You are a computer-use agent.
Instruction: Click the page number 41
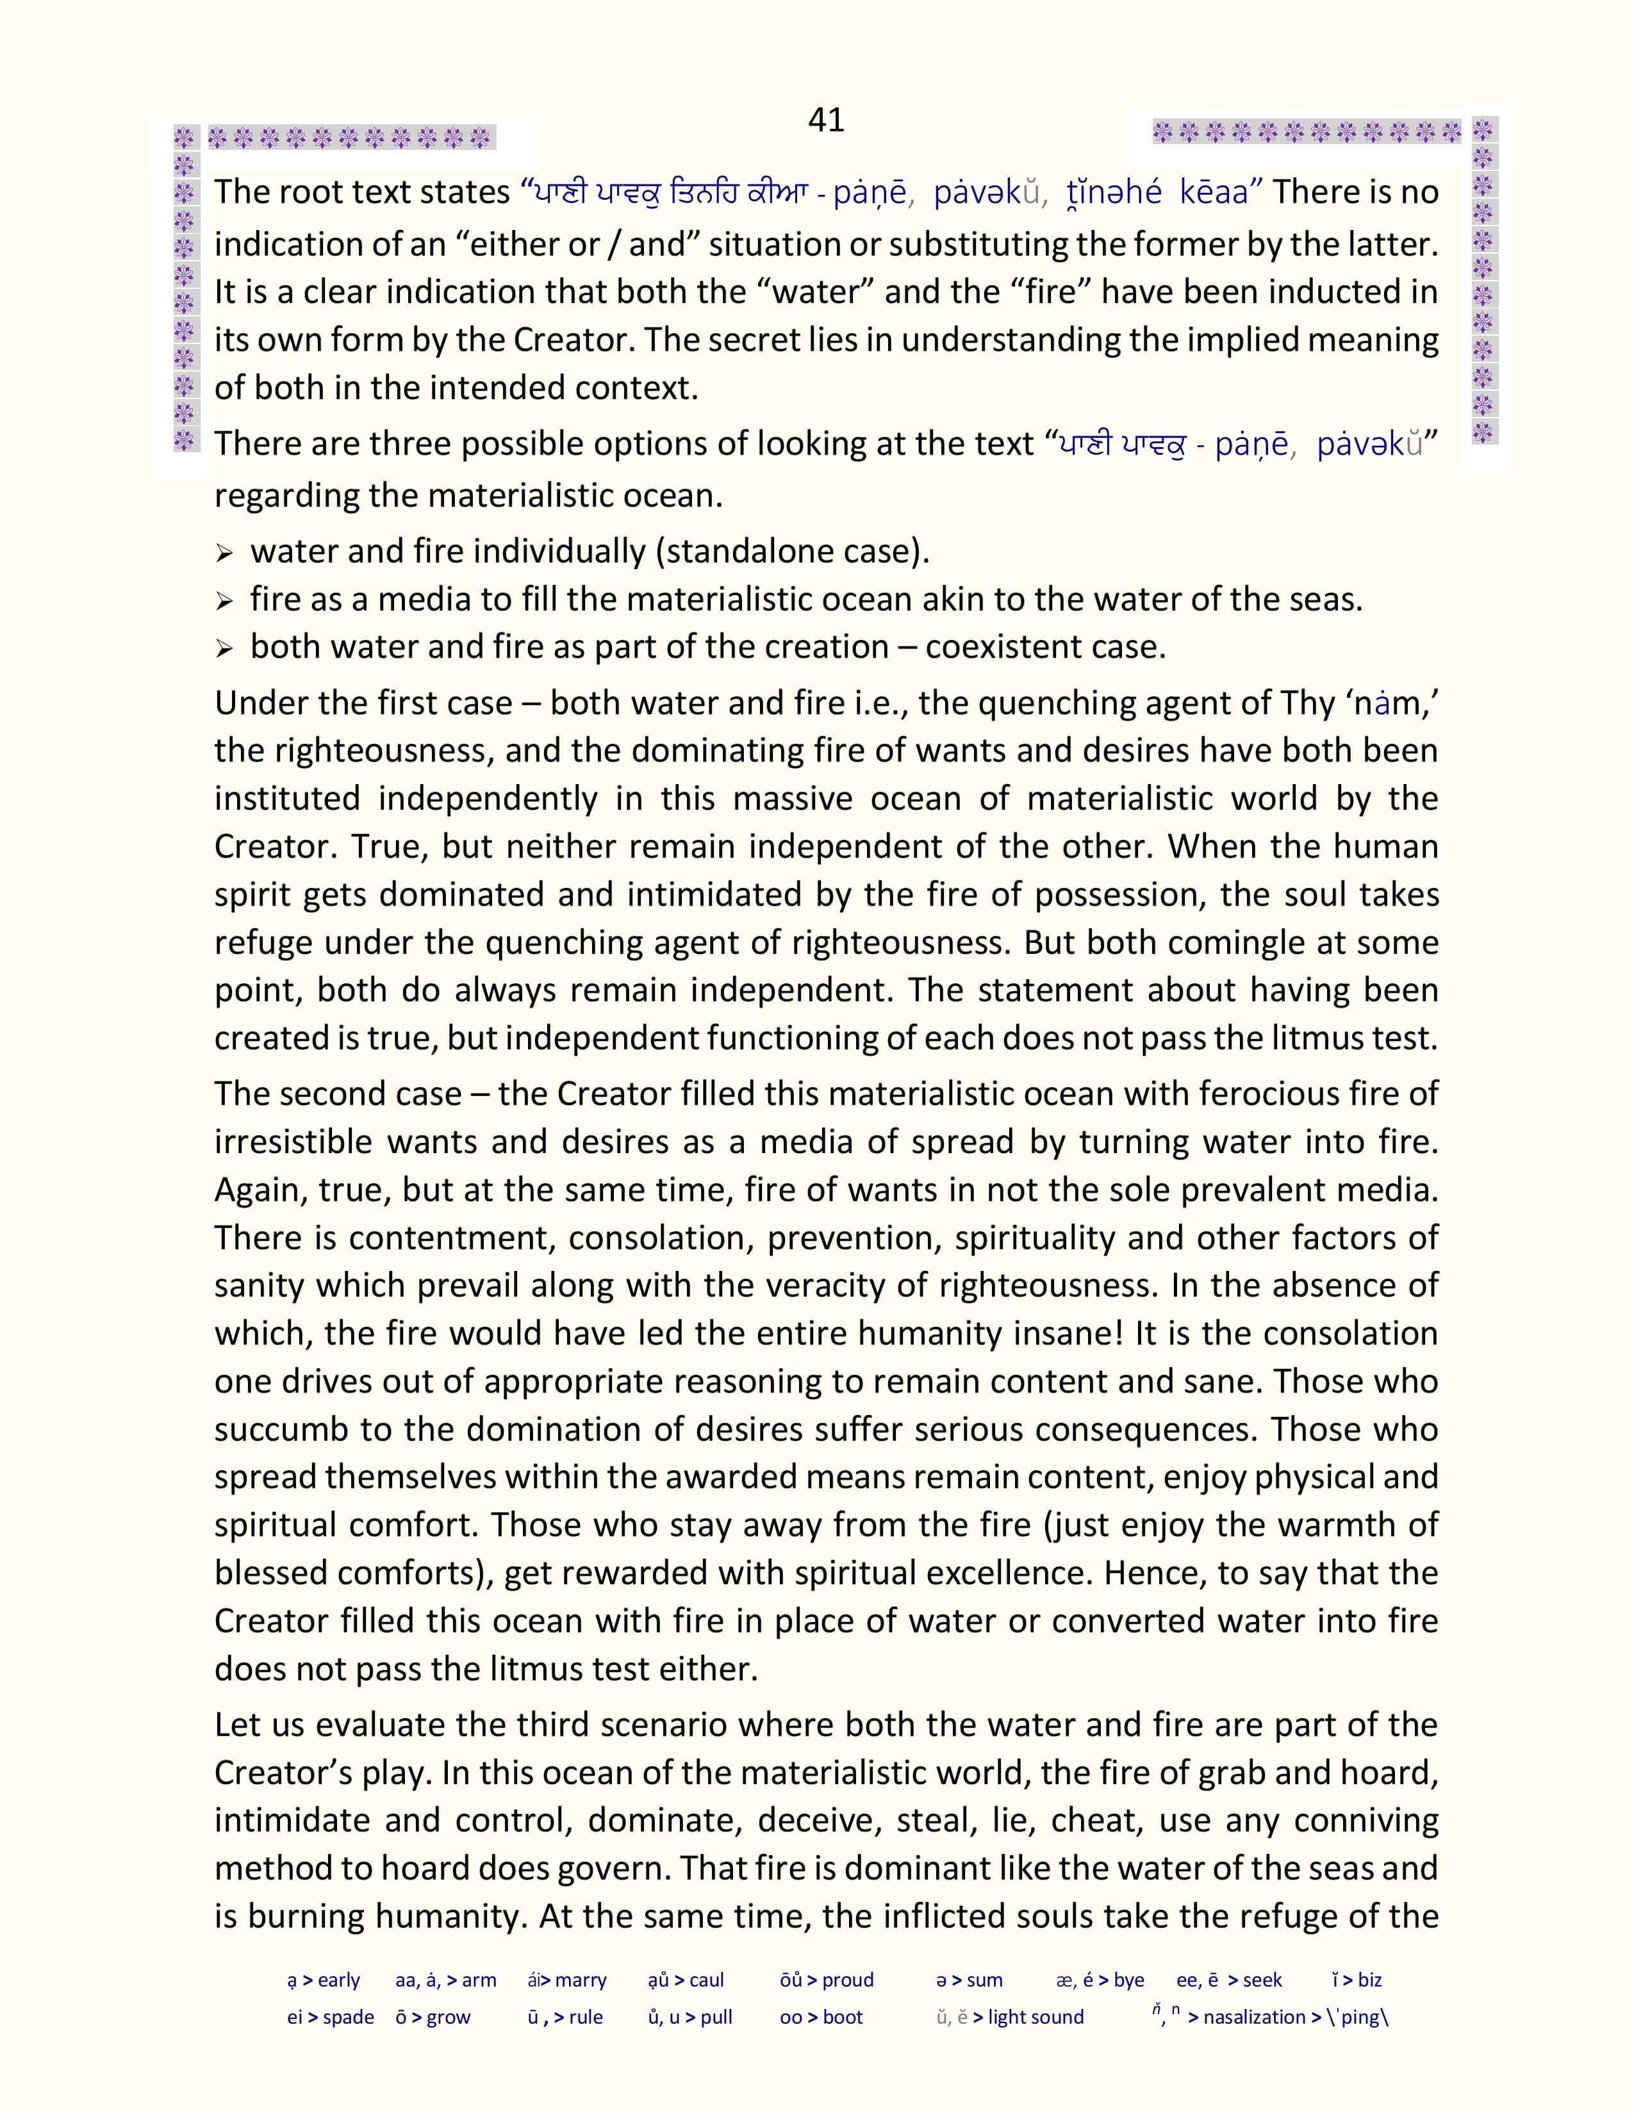click(826, 120)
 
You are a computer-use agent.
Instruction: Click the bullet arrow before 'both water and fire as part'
click(224, 648)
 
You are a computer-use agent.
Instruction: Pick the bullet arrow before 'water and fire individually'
click(224, 553)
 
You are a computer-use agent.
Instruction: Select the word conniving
click(1366, 1821)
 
